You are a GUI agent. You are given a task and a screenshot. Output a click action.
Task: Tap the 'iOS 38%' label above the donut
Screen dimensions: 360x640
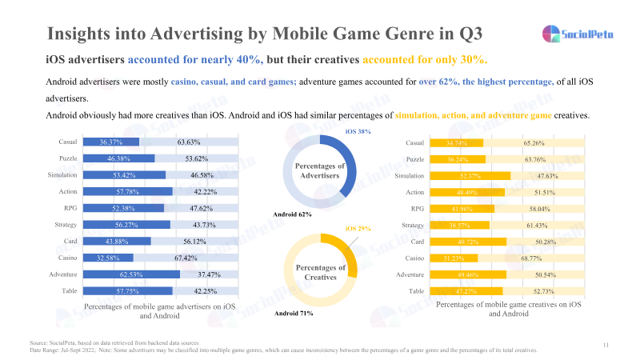[358, 130]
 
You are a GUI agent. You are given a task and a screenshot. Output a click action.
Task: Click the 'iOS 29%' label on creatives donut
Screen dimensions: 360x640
[358, 229]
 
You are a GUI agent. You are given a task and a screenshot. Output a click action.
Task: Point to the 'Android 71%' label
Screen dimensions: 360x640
[294, 313]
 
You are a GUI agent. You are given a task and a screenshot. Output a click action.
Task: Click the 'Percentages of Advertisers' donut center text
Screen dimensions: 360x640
[319, 170]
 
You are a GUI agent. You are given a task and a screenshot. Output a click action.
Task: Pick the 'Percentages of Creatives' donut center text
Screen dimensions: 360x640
[319, 273]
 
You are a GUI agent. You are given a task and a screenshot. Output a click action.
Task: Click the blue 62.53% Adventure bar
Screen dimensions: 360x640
[132, 274]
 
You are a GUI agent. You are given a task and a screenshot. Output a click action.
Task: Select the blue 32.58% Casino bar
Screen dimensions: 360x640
[110, 258]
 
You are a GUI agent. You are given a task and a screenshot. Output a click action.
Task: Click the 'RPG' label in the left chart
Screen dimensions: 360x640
[70, 208]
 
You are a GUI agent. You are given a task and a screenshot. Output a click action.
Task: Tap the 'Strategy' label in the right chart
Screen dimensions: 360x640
[413, 225]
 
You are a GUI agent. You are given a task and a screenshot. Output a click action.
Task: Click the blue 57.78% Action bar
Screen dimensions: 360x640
[128, 191]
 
